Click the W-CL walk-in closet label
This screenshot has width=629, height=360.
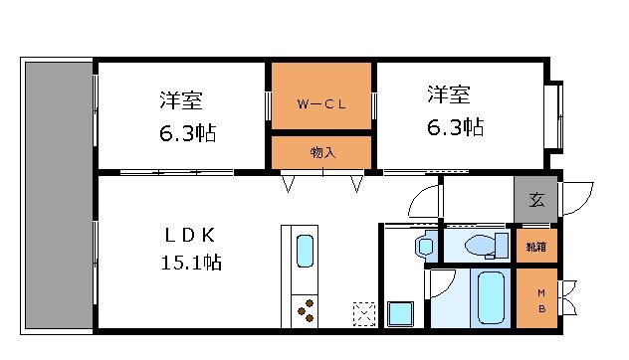click(320, 102)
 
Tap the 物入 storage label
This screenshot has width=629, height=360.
click(322, 152)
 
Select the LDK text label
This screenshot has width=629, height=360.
click(189, 235)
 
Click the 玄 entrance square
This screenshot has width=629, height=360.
click(536, 200)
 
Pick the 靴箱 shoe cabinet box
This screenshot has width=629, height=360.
click(536, 246)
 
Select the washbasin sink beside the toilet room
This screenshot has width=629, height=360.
click(426, 245)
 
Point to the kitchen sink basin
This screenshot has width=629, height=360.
click(305, 252)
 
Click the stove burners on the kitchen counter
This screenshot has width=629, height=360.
click(305, 310)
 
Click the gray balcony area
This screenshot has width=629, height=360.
click(58, 194)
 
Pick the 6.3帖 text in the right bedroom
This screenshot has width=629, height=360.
click(456, 128)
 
